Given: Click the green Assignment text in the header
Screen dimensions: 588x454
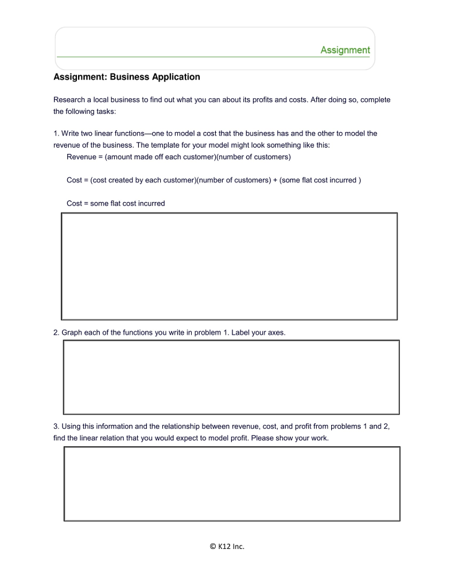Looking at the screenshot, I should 345,50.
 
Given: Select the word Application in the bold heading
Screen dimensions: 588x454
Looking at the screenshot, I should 176,77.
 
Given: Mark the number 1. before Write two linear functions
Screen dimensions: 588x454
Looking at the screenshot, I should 56,133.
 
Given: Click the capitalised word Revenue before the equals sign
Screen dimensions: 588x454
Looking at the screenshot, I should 82,157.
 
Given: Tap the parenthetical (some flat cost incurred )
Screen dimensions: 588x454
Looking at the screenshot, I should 320,180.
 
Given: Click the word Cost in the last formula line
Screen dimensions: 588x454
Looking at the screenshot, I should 75,203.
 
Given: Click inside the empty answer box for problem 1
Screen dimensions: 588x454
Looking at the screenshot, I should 229,266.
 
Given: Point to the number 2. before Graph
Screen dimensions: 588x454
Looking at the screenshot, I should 56,332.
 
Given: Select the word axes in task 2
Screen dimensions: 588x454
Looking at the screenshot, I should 275,332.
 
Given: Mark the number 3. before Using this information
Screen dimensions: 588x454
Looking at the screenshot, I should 56,427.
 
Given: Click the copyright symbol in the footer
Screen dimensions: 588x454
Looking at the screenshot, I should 213,547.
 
